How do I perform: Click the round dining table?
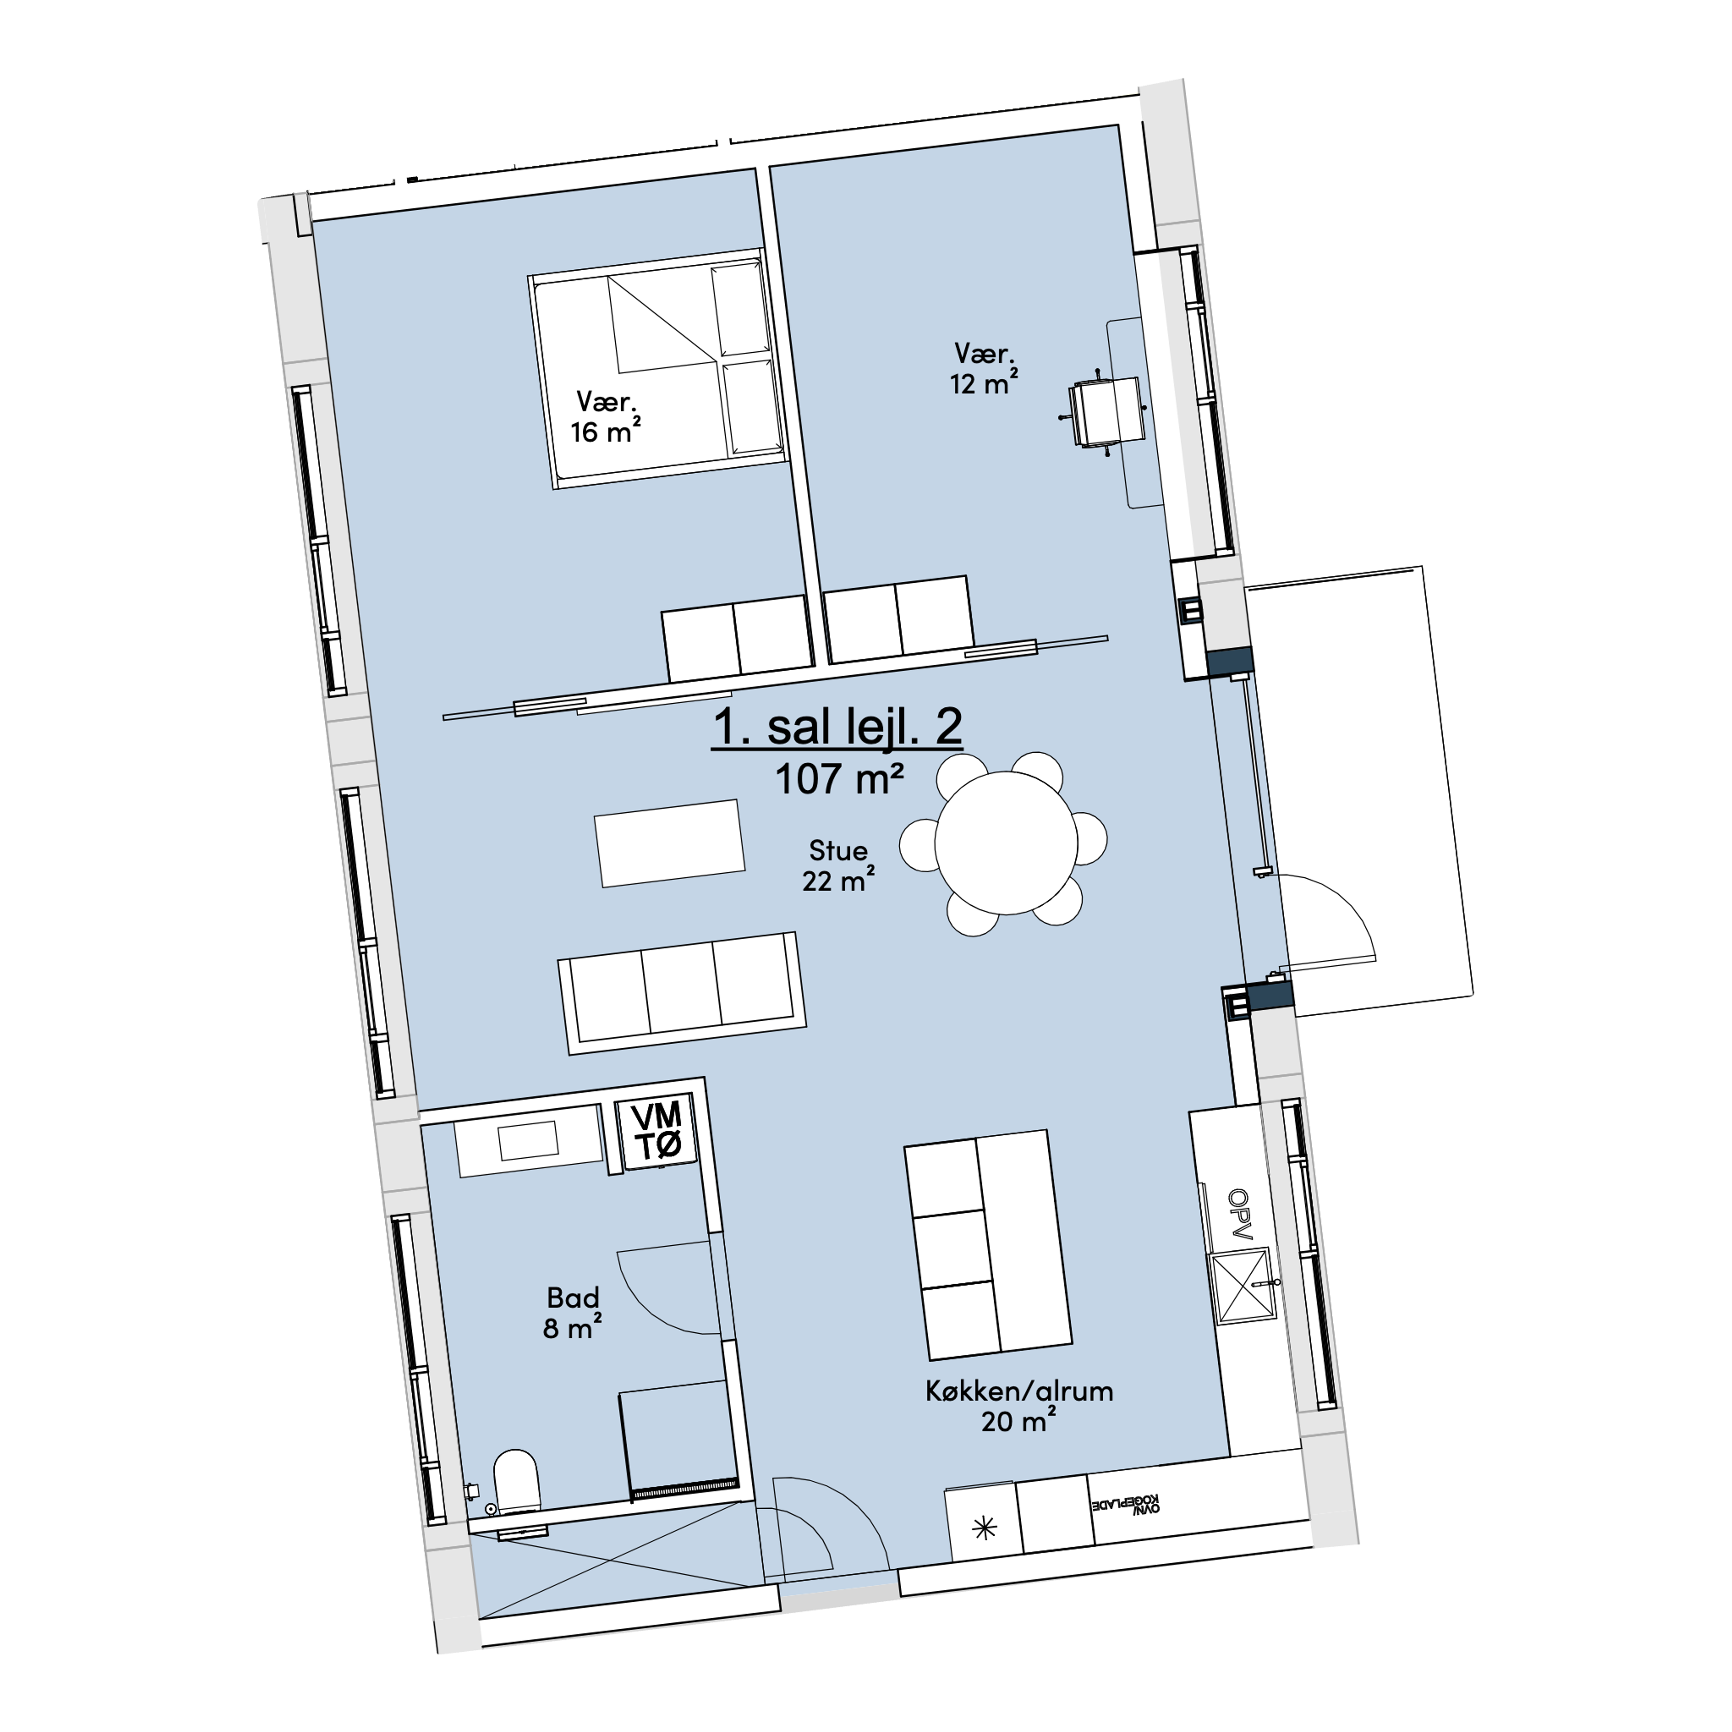(1006, 843)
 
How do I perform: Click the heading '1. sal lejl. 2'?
(837, 727)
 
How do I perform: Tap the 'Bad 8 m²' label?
(572, 1313)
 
